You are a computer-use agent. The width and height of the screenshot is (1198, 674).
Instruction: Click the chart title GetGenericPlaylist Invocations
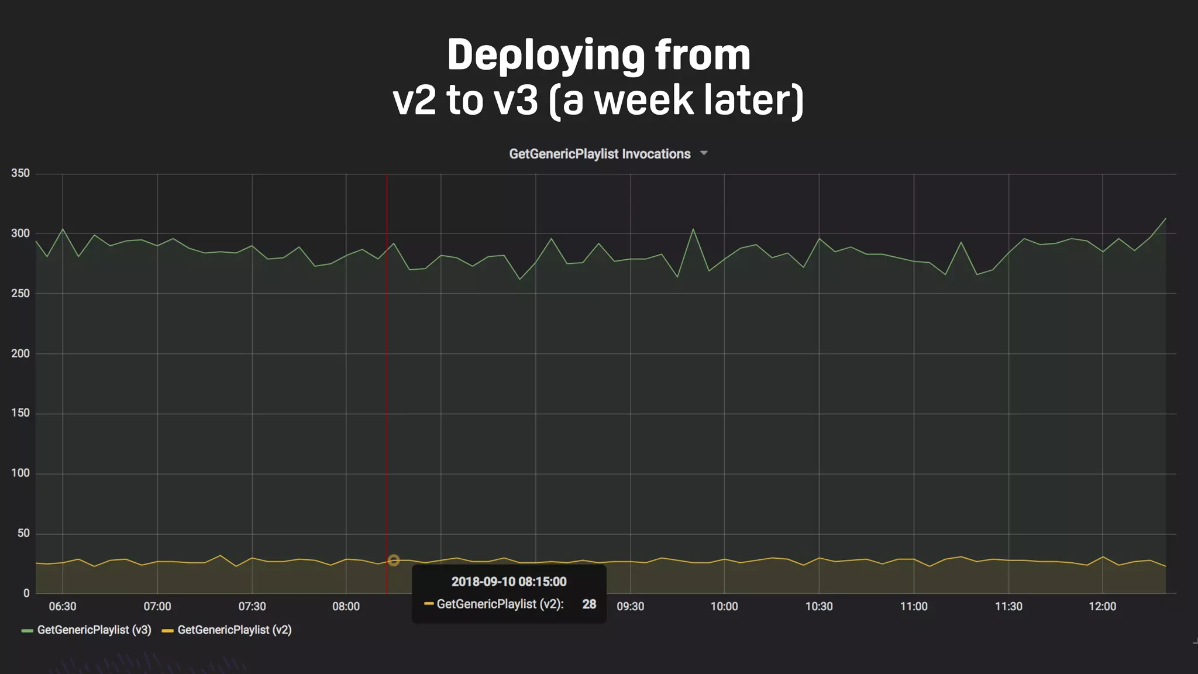pos(600,154)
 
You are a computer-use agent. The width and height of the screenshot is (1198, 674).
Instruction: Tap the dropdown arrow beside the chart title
pos(704,153)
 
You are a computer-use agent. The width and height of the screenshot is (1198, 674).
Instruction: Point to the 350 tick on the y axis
pos(20,173)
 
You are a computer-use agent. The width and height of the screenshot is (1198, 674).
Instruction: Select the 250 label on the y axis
pos(20,293)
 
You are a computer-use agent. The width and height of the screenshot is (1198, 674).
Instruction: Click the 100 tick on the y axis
pos(20,473)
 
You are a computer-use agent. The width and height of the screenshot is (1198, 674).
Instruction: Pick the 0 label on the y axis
pos(26,593)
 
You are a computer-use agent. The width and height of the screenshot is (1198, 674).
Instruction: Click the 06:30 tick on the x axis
pos(63,607)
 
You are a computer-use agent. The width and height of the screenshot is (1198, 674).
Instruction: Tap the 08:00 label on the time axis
pos(346,607)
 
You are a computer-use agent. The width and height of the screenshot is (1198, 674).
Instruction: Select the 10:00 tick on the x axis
pos(724,607)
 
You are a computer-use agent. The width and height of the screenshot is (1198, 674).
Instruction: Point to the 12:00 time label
pos(1102,607)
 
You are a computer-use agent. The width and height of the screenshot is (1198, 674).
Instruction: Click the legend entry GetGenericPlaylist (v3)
pos(94,630)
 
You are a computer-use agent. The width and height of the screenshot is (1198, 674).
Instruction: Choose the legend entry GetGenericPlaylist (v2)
pos(234,630)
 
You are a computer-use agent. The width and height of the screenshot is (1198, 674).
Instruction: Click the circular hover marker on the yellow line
pos(394,560)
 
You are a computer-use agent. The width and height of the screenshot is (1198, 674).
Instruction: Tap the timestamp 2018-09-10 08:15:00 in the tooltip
pos(509,582)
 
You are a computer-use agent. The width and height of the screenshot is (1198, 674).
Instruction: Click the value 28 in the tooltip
pos(589,604)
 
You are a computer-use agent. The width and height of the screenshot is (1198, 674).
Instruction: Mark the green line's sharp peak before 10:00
pos(693,229)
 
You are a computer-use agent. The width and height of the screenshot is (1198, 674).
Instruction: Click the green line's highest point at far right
pos(1165,219)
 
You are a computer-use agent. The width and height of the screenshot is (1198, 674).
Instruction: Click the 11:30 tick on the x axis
pos(1008,607)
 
